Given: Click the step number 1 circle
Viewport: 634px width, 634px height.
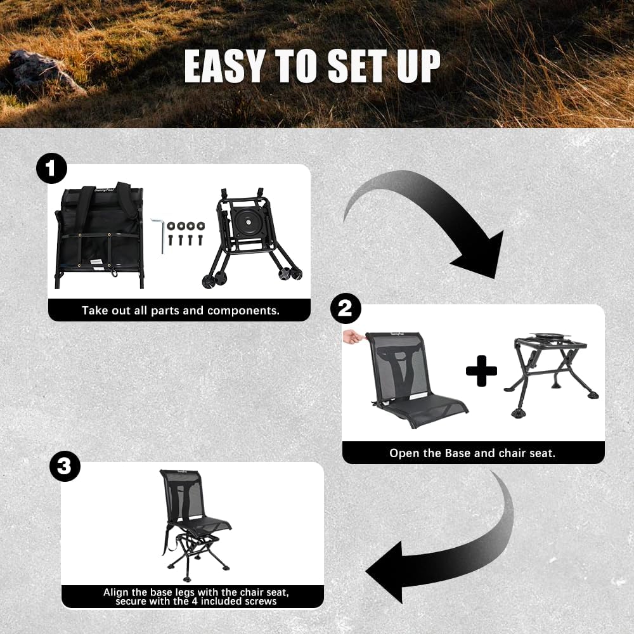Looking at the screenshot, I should tap(51, 169).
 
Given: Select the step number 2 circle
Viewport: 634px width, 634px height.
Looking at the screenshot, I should tap(346, 309).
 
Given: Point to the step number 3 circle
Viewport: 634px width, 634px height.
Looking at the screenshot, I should tap(65, 467).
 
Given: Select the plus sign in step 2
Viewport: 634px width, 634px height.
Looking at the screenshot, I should tap(481, 371).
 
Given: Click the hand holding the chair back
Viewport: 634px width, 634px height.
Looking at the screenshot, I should tap(352, 336).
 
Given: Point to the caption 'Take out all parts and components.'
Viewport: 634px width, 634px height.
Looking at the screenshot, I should tap(181, 311).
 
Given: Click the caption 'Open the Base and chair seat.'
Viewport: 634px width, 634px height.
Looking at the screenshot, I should tap(472, 453).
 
